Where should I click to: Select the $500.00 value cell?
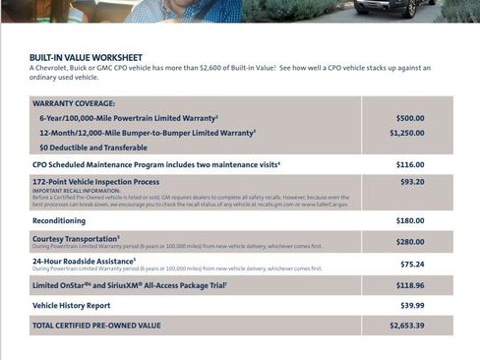(410, 118)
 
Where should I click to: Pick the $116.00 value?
(410, 164)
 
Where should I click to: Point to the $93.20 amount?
(412, 182)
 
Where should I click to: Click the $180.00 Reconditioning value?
(410, 220)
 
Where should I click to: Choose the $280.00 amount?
(410, 241)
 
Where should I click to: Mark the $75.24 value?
(412, 264)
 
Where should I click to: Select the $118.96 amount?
(410, 285)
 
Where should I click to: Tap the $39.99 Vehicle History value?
(412, 305)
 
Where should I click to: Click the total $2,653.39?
(406, 325)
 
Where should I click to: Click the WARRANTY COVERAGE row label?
(74, 103)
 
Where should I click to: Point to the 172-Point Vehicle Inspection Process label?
(95, 182)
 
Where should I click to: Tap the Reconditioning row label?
(59, 220)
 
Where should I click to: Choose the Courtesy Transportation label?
(75, 237)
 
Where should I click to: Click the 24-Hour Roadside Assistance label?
(83, 260)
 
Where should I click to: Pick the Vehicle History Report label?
(72, 305)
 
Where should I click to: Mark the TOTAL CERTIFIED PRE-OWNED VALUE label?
(95, 325)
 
